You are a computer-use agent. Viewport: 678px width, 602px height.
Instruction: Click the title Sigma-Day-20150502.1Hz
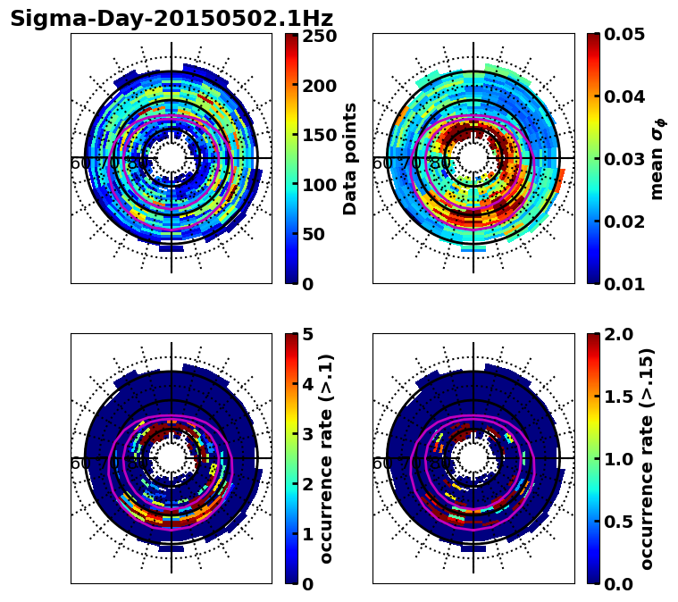[172, 19]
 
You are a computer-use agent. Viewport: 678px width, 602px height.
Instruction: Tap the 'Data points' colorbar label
[350, 158]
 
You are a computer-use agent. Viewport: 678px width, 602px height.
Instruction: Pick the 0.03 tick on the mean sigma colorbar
[632, 159]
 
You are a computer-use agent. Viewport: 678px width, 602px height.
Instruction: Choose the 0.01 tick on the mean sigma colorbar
[632, 283]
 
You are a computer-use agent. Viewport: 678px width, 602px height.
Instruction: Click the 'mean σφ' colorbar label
[657, 158]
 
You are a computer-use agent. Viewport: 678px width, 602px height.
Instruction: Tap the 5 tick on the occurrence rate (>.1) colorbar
[308, 336]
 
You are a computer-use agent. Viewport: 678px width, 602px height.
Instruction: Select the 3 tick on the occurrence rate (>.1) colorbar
[308, 435]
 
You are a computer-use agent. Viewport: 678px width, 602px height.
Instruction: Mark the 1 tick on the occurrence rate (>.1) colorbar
[308, 534]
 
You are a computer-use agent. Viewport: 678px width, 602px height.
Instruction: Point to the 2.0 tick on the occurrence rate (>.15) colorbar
[622, 335]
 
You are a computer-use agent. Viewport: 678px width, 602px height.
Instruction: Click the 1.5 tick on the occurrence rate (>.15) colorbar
[622, 397]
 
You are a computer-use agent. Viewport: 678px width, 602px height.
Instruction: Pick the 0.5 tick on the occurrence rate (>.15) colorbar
[622, 521]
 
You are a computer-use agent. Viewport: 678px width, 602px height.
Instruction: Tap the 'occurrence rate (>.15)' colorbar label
[647, 458]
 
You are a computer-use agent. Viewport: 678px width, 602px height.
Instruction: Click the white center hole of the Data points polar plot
[172, 158]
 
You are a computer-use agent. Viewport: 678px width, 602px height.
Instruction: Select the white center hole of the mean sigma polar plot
[473, 158]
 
